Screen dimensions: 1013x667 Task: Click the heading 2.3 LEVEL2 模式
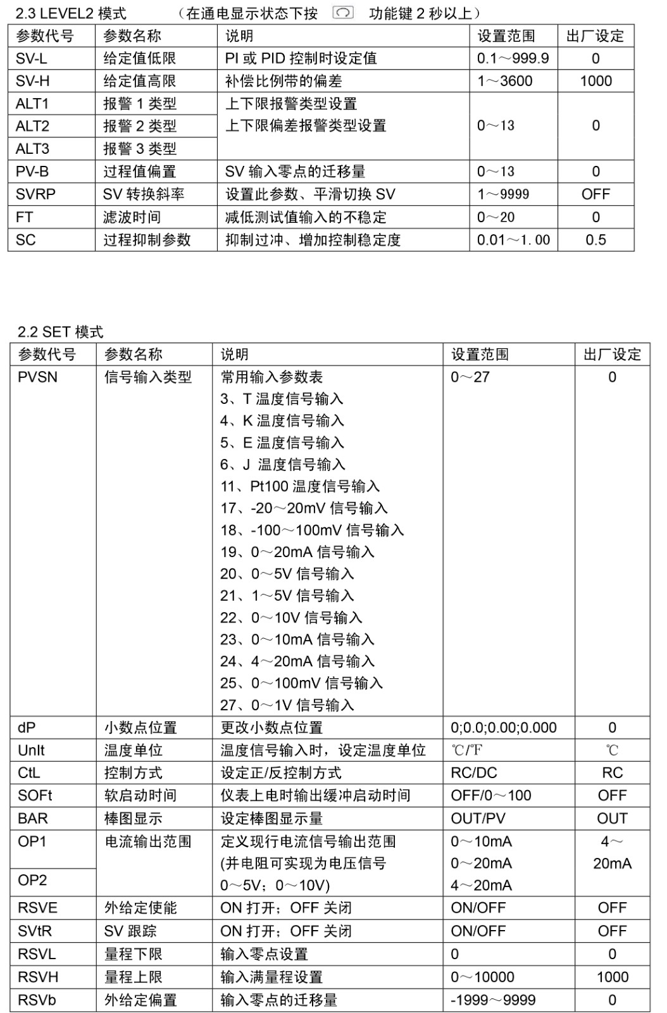pos(71,13)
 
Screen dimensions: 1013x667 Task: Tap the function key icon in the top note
pos(342,13)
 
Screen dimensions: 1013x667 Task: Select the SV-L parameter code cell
pos(32,59)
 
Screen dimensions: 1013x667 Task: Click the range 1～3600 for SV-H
pos(504,82)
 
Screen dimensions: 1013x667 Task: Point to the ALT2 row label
pos(32,127)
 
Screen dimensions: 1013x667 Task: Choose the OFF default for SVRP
pos(595,194)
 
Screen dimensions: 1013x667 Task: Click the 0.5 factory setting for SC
pos(595,240)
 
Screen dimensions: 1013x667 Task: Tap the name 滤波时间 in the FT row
pos(132,217)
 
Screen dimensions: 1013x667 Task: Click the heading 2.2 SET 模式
pos(60,332)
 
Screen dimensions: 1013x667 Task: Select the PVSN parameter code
pos(37,377)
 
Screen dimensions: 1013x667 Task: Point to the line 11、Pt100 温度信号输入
pos(300,486)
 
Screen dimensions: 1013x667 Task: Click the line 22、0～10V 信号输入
pos(291,617)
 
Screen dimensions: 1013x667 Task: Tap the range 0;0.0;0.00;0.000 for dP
pos(504,727)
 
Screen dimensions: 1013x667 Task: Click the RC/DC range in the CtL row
pos(474,773)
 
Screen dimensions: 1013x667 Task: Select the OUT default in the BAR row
pos(612,819)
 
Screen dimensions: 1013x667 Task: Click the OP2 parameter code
pos(32,880)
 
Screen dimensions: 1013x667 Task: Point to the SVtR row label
pos(35,931)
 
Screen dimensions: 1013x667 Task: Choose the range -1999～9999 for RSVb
pos(493,1000)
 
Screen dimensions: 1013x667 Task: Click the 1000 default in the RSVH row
pos(612,977)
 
